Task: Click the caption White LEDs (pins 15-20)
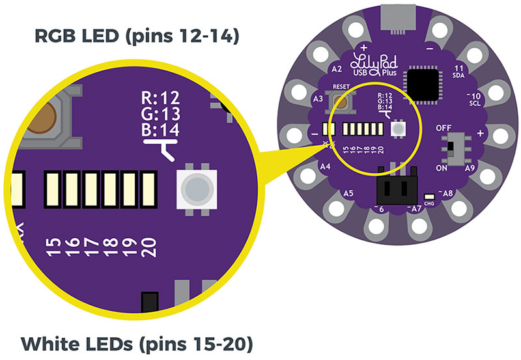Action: [x=137, y=342]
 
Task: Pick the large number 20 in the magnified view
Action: [x=149, y=247]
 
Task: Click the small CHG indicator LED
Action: [x=429, y=197]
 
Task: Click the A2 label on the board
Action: [x=337, y=68]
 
